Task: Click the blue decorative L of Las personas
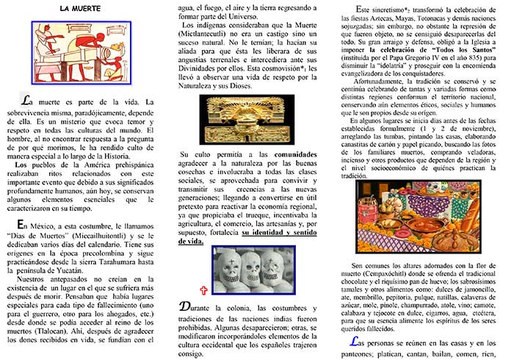pos(356,342)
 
